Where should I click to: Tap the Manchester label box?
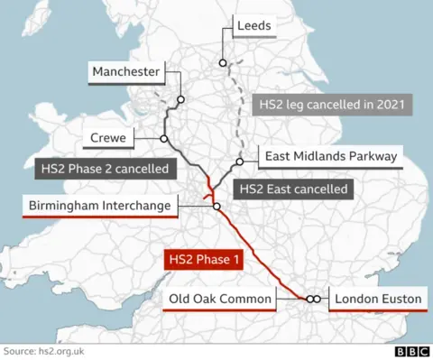coord(125,71)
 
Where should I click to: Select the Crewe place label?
coord(108,139)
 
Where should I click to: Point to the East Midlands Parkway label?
coord(330,157)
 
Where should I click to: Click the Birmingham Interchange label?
coord(99,207)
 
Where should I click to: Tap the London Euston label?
coord(377,299)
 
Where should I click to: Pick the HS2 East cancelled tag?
coord(291,189)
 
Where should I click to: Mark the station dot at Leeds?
coord(222,62)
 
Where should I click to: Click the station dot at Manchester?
coord(181,100)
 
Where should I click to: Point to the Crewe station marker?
coord(164,139)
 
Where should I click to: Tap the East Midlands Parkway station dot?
coord(240,162)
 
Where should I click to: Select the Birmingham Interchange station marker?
coord(216,207)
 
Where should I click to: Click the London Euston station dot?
coord(318,299)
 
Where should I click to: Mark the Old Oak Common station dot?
coord(309,299)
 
